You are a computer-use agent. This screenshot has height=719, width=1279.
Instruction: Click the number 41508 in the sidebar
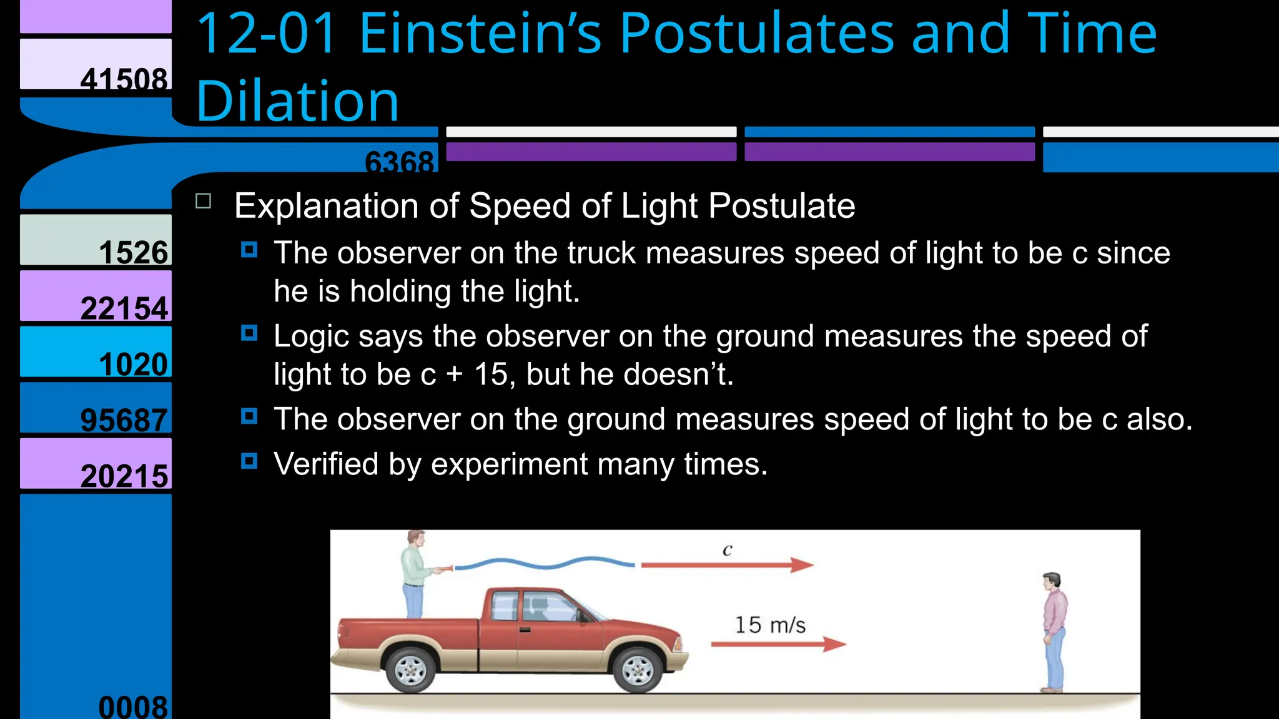124,79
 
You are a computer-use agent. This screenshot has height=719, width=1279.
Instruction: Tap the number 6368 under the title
399,161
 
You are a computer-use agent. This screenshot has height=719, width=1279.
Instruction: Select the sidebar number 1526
134,252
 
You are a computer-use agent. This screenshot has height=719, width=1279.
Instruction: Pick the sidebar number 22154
124,308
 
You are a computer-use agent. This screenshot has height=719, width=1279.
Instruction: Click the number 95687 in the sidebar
124,419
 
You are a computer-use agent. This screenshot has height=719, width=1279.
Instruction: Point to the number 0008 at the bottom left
133,707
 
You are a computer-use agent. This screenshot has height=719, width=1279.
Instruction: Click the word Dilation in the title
297,101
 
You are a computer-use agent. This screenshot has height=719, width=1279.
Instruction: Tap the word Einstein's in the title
480,34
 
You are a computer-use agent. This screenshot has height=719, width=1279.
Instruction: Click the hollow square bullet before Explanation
204,201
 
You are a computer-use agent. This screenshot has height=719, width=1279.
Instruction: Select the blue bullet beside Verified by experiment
249,461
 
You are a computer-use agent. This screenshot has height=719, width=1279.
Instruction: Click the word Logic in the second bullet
311,336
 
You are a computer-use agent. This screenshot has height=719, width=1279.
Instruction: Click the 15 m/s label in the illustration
769,625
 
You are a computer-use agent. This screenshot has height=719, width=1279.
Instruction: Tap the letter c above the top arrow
727,550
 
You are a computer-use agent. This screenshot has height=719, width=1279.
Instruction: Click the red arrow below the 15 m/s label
778,644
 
